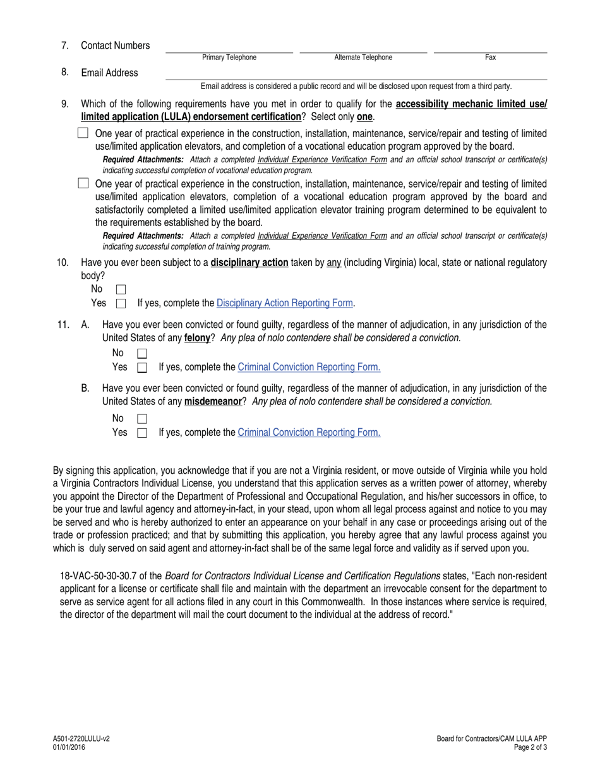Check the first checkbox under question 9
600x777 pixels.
83,133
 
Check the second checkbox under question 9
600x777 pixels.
83,183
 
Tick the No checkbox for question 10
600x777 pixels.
121,289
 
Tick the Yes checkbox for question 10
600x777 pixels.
121,303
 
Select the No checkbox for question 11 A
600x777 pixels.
142,353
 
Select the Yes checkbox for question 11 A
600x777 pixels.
142,367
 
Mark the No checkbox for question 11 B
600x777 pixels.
142,419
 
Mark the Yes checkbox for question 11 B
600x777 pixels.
142,433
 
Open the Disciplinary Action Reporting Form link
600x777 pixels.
284,303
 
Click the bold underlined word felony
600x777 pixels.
197,338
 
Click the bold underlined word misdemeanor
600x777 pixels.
213,401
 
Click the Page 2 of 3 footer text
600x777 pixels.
531,747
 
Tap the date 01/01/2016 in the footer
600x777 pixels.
70,747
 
